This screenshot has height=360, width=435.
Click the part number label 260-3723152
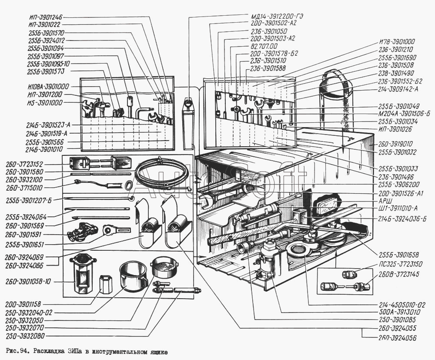coord(24,164)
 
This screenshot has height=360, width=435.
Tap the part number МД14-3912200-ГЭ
coord(276,16)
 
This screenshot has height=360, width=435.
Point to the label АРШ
coord(384,200)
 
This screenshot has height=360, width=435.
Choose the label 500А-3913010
coord(398,312)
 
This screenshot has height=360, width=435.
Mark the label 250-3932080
coord(24,336)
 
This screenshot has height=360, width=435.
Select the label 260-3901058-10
coord(28,282)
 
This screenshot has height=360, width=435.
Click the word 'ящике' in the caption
coord(158,353)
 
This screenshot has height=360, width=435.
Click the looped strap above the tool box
coord(336,100)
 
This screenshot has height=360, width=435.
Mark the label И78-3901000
coord(397,42)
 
